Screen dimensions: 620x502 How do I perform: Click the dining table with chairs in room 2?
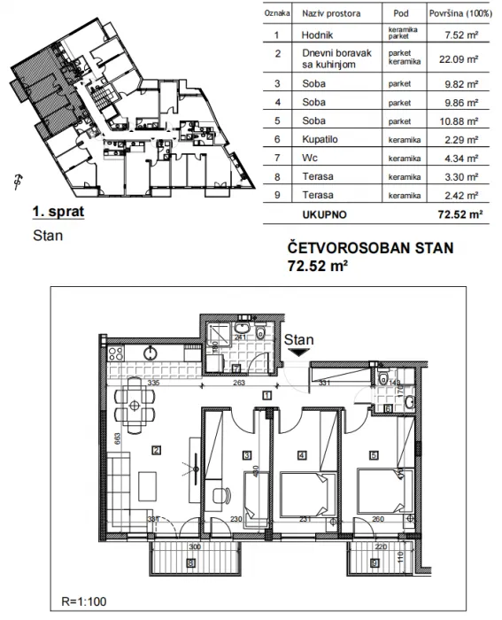click(x=135, y=407)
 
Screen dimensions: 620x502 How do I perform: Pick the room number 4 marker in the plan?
click(x=302, y=456)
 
